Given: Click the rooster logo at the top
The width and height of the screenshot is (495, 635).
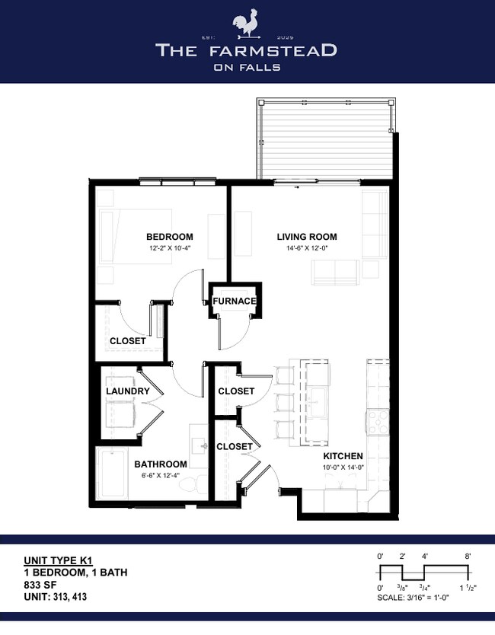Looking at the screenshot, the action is coord(247,24).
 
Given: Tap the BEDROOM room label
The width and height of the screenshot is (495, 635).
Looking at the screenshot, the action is coord(170,237).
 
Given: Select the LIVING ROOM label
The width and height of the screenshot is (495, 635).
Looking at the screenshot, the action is coord(307,237).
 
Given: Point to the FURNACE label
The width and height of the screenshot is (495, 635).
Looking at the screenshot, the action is coord(235,302).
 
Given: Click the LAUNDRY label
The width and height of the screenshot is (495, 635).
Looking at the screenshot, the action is coord(128,391).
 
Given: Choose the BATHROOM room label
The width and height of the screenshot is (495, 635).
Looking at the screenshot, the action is coord(161,464).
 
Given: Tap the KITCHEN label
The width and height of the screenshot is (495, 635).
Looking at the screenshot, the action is coord(343,456).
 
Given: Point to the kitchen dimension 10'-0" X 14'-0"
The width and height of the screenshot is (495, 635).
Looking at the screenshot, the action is coord(343,467).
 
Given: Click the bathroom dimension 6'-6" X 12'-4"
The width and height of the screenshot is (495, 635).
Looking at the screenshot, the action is coord(161,475).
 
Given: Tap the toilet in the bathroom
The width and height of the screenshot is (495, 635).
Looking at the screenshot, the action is coord(193,485).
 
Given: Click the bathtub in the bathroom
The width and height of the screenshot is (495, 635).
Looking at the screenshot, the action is coord(112,474).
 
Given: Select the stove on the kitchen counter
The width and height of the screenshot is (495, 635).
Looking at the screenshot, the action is coord(378,423).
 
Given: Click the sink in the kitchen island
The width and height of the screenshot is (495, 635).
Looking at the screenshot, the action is coord(317,402).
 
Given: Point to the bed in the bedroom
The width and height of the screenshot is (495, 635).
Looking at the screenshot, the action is coord(136,237).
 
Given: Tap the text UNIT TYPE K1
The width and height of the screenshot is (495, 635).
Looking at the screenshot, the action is coord(59,561).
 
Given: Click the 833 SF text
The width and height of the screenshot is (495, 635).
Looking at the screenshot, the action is coord(40,585).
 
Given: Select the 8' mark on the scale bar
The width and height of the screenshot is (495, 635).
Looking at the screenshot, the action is coord(468,557).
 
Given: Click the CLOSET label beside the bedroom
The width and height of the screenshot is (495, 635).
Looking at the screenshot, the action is coord(128,341).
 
